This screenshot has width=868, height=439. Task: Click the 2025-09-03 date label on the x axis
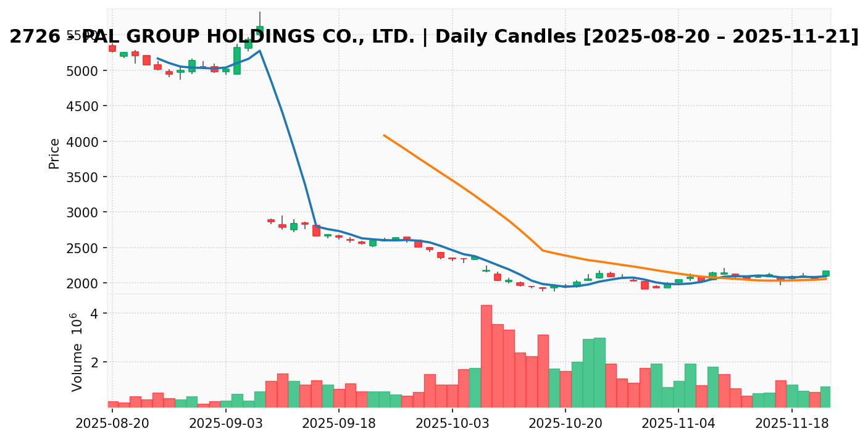pyautogui.click(x=225, y=425)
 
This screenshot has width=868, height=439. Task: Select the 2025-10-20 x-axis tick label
pyautogui.click(x=565, y=425)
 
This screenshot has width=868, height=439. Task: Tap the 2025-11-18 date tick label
pyautogui.click(x=792, y=425)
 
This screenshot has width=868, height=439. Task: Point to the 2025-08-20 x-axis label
pyautogui.click(x=112, y=425)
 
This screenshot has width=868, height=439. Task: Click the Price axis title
pyautogui.click(x=54, y=153)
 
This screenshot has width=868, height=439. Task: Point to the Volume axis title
pyautogui.click(x=77, y=352)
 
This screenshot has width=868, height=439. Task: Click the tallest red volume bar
pyautogui.click(x=486, y=356)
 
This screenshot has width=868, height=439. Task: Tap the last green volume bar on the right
pyautogui.click(x=826, y=396)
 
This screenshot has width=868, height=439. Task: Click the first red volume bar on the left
pyautogui.click(x=112, y=404)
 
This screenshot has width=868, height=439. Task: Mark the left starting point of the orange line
pyautogui.click(x=384, y=135)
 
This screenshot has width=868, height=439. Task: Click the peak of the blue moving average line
pyautogui.click(x=260, y=51)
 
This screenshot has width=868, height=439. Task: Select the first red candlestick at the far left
pyautogui.click(x=112, y=48)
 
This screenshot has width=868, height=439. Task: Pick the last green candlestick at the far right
pyautogui.click(x=826, y=273)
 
